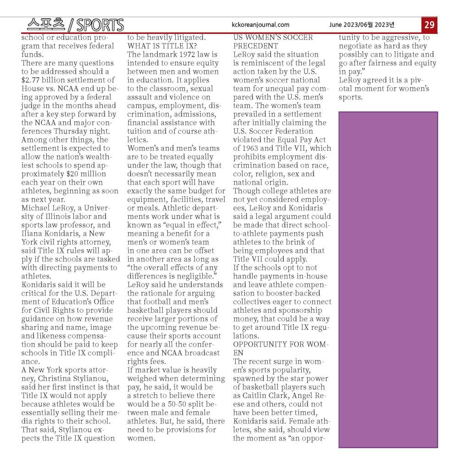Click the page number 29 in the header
(429, 25)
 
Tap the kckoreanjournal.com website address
(261, 25)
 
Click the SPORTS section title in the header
(100, 25)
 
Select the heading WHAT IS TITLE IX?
(162, 46)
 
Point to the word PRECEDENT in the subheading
(255, 46)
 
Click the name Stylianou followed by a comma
(86, 378)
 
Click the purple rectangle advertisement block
(387, 279)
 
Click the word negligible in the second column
(199, 276)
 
